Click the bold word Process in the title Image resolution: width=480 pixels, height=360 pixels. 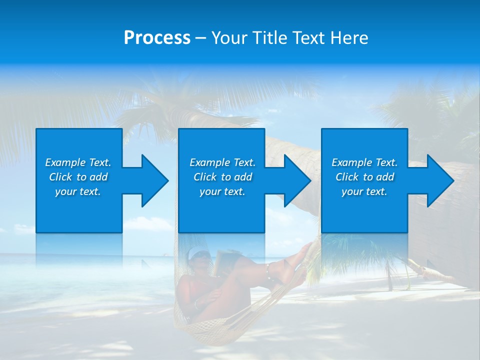point(157,38)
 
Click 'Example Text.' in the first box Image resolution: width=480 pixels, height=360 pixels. point(78,162)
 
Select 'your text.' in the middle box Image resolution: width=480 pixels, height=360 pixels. point(222,191)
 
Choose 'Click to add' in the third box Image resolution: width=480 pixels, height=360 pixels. point(364,177)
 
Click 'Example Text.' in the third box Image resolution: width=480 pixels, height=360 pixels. point(364,162)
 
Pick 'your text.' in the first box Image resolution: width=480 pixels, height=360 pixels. point(78,191)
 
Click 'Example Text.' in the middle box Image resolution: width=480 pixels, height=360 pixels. point(222,162)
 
